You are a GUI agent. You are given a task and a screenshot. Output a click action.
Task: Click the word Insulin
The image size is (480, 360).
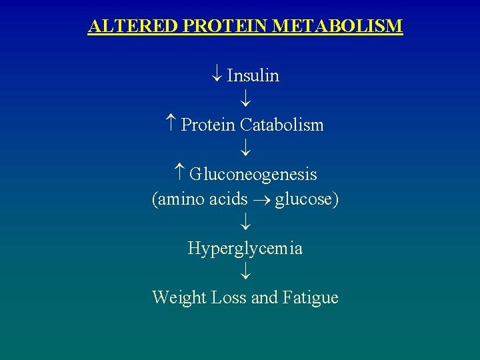(x=253, y=76)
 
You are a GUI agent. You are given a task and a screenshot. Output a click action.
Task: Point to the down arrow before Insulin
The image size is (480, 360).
(x=217, y=76)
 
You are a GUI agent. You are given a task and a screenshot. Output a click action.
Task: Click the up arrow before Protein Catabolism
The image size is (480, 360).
(x=171, y=125)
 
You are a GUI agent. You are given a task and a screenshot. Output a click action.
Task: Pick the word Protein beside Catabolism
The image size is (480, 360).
(x=208, y=125)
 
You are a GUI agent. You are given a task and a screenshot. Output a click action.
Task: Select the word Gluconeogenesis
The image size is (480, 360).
(x=253, y=175)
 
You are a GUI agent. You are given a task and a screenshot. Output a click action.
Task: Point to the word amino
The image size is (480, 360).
(x=181, y=199)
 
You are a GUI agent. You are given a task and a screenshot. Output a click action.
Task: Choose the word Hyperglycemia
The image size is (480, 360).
(x=245, y=249)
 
